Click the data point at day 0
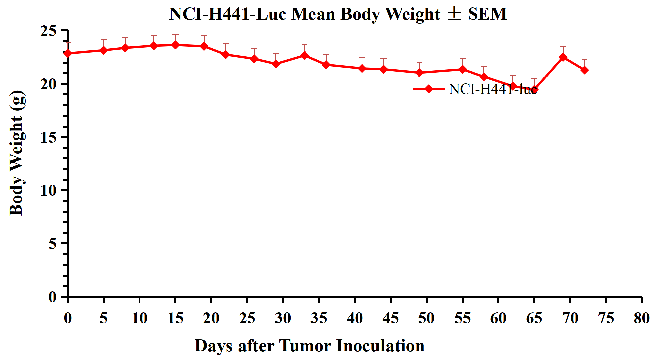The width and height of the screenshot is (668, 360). [68, 53]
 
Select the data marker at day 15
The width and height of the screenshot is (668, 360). [175, 45]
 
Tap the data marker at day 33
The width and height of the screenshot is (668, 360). [305, 55]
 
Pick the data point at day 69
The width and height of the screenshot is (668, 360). [563, 57]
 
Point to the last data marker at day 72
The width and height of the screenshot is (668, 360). [584, 70]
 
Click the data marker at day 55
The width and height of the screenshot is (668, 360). [463, 69]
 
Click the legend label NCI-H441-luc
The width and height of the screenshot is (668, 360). [493, 89]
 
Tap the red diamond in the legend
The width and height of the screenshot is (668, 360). [428, 89]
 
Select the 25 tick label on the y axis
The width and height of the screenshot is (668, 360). [49, 31]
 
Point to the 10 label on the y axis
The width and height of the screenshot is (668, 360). [49, 190]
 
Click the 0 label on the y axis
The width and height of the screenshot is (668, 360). [53, 297]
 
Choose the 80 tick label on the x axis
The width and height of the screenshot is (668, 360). [642, 318]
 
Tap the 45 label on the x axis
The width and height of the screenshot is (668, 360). [391, 318]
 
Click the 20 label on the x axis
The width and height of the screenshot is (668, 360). [211, 318]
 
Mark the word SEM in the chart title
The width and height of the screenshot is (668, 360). [487, 14]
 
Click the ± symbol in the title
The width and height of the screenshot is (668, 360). [454, 14]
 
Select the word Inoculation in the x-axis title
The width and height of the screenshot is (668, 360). [380, 346]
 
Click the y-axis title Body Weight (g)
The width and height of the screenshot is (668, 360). [16, 153]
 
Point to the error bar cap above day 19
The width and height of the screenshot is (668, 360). [204, 35]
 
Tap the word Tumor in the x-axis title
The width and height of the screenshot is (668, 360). [305, 346]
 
